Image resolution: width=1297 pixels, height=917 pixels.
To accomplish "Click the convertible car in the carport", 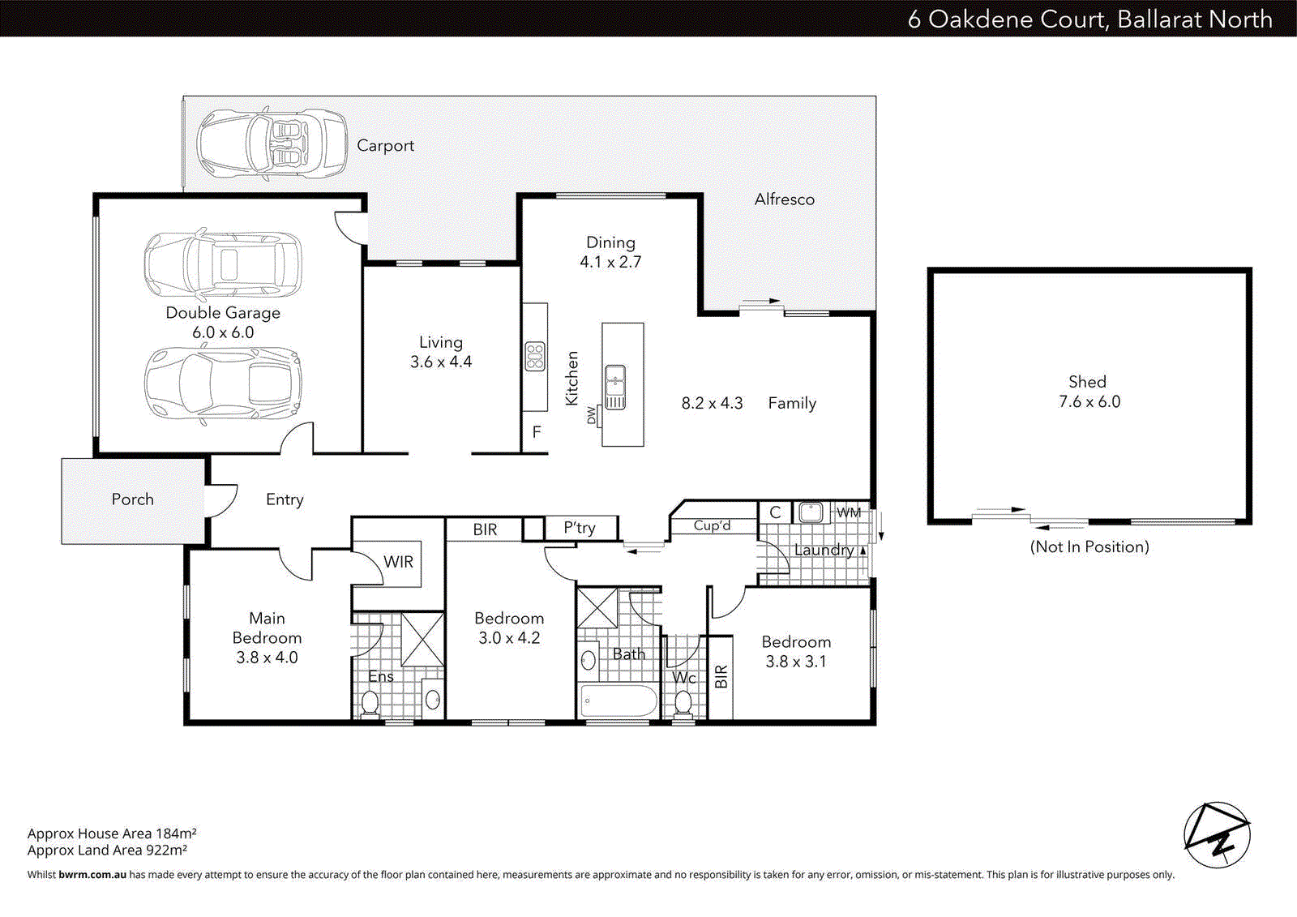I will [272, 144].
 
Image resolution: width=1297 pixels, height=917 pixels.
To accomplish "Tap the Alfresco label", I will [784, 199].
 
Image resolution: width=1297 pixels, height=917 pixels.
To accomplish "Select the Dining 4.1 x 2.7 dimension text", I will [610, 262].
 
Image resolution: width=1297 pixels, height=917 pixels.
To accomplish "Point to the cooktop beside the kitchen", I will [535, 357].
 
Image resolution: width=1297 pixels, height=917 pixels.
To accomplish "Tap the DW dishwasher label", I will [591, 416].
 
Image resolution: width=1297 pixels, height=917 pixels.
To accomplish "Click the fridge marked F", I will [536, 433].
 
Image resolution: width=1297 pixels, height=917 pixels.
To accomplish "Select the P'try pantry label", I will [580, 528].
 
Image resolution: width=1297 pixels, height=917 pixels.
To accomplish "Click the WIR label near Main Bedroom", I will [398, 562].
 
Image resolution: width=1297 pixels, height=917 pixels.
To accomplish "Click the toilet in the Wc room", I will [683, 702].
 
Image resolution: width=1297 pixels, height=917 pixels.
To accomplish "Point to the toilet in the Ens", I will [370, 703].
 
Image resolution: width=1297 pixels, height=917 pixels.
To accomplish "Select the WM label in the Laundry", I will [849, 512].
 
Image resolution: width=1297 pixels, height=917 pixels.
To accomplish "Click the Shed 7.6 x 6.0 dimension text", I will [1089, 402].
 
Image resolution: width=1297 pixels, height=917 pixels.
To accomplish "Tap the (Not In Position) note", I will [1089, 547].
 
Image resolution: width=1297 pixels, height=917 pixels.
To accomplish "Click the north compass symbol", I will [1217, 836].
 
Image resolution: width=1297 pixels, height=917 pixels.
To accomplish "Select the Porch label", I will [132, 499].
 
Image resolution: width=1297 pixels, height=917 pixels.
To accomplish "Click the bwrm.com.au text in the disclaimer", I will [92, 875].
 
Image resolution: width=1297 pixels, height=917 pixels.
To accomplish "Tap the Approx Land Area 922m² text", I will [107, 851].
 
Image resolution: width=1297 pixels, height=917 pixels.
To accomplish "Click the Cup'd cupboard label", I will [712, 525].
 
